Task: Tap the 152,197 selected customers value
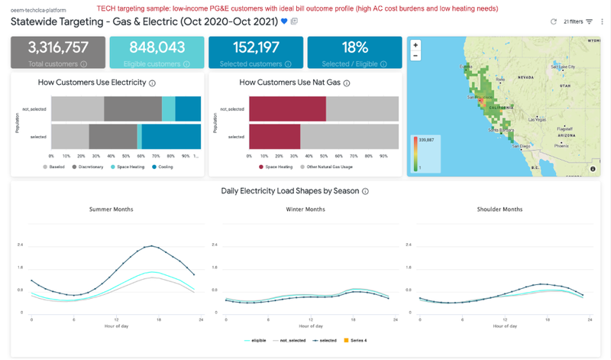tap(254, 47)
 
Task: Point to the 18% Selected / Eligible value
tap(352, 47)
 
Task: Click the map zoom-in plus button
tap(415, 45)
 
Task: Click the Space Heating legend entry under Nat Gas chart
tap(278, 167)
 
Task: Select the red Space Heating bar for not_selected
tap(287, 109)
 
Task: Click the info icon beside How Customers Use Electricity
tap(153, 83)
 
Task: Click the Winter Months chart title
tap(305, 209)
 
